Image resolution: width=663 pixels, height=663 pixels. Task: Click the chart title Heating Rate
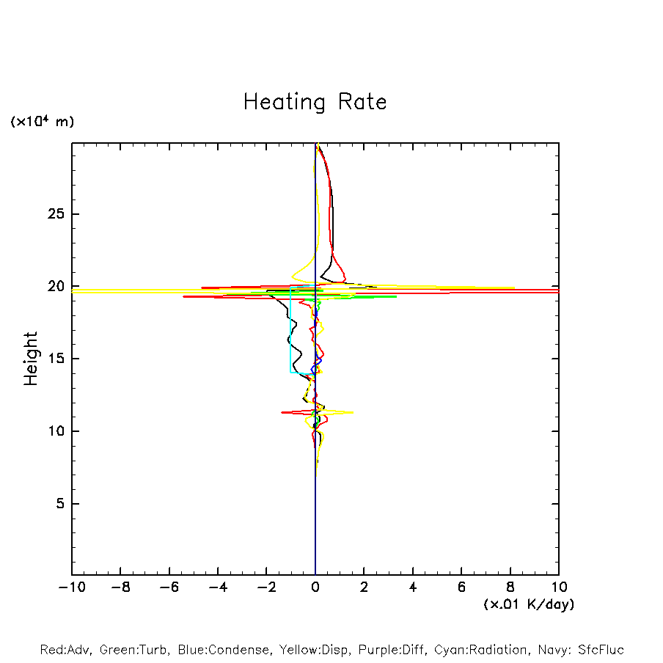click(315, 102)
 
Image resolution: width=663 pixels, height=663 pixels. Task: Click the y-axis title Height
click(31, 359)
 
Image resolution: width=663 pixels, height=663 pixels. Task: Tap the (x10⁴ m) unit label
click(42, 122)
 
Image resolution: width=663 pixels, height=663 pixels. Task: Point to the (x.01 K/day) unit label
click(528, 604)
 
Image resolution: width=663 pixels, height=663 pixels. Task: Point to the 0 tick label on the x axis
click(315, 587)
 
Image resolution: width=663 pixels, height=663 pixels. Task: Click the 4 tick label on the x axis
click(413, 587)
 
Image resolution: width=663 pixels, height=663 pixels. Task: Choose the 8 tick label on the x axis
click(510, 587)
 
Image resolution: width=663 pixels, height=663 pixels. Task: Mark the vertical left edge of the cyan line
click(290, 330)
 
